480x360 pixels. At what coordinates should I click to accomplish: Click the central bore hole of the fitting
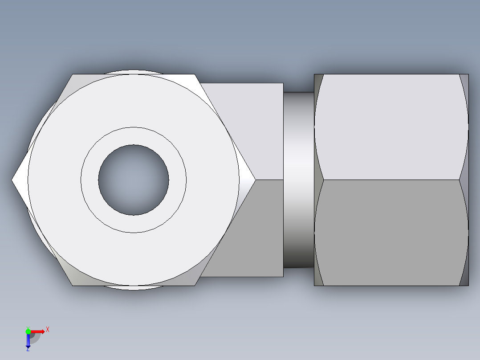coord(134,180)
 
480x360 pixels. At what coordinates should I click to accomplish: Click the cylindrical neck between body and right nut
coord(298,180)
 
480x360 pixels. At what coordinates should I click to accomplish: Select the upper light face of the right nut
coord(391,127)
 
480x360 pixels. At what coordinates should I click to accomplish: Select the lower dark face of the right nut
coord(391,232)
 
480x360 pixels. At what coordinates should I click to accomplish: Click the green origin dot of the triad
coord(28,331)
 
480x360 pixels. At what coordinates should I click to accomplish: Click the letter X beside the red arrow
coord(48,329)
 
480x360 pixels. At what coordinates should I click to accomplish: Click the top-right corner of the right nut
coord(468,75)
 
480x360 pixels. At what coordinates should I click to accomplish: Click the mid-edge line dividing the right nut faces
coord(391,180)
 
